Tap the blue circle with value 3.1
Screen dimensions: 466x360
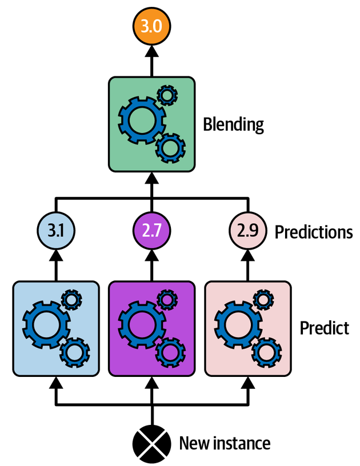pos(56,232)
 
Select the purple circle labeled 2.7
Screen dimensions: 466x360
pos(151,232)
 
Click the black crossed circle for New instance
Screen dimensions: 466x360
pos(151,443)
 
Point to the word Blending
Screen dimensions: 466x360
pos(234,124)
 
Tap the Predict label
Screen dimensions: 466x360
pos(324,328)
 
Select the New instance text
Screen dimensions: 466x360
pos(225,443)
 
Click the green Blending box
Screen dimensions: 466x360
pos(151,124)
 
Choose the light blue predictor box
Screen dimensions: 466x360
pos(56,328)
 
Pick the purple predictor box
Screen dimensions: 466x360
pos(151,328)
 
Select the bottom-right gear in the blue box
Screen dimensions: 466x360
pos(75,352)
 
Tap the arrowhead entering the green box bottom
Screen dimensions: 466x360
pos(151,178)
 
